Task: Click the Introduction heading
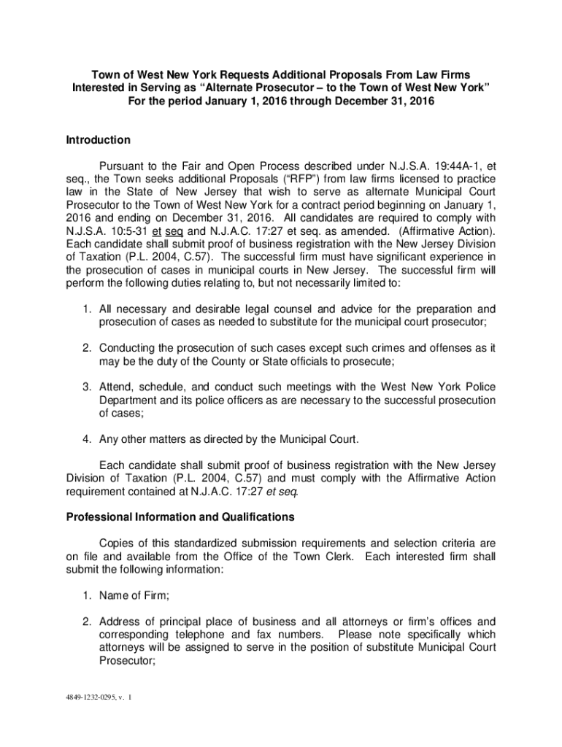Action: (99, 140)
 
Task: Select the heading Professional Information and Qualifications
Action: (180, 517)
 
